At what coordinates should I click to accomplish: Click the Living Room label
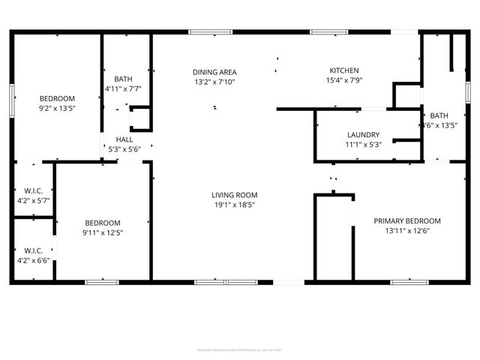pyautogui.click(x=234, y=195)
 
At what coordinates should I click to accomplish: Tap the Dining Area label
pyautogui.click(x=214, y=71)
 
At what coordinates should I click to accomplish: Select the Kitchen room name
pyautogui.click(x=343, y=70)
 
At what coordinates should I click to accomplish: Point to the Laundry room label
pyautogui.click(x=363, y=135)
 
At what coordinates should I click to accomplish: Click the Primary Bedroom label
pyautogui.click(x=407, y=221)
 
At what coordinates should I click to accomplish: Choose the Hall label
pyautogui.click(x=124, y=139)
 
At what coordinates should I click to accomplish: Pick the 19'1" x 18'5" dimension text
pyautogui.click(x=234, y=205)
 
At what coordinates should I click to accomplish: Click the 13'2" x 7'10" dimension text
pyautogui.click(x=214, y=82)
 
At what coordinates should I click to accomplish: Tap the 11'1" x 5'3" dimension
pyautogui.click(x=363, y=145)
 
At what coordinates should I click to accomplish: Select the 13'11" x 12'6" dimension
pyautogui.click(x=407, y=232)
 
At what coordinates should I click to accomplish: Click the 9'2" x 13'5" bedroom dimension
pyautogui.click(x=57, y=109)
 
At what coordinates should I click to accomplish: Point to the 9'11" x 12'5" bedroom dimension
pyautogui.click(x=102, y=233)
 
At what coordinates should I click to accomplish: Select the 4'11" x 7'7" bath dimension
pyautogui.click(x=123, y=89)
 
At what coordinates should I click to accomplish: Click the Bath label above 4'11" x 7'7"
pyautogui.click(x=124, y=79)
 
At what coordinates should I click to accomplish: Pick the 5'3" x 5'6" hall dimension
pyautogui.click(x=124, y=149)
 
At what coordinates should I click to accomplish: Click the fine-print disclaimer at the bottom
pyautogui.click(x=239, y=349)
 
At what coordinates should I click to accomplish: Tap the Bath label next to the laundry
pyautogui.click(x=439, y=115)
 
